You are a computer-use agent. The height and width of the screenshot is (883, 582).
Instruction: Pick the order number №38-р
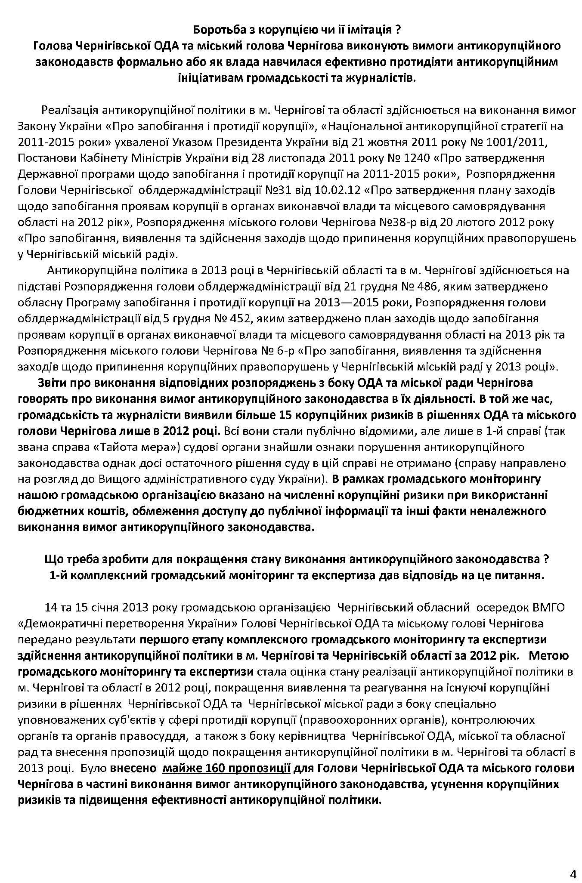[x=401, y=222]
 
